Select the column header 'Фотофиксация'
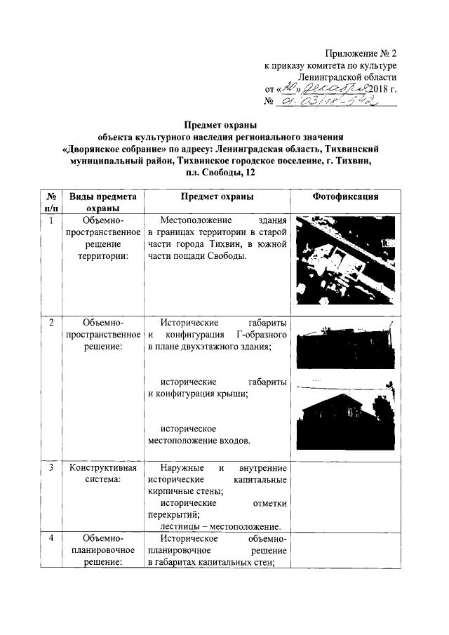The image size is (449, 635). click(x=345, y=197)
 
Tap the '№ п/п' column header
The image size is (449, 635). click(x=51, y=202)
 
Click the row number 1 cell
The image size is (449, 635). click(x=51, y=222)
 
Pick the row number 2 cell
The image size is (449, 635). click(x=51, y=323)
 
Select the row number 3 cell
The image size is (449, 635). click(x=51, y=468)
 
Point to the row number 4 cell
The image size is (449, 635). click(x=51, y=539)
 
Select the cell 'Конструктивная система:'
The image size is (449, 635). click(x=101, y=474)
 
